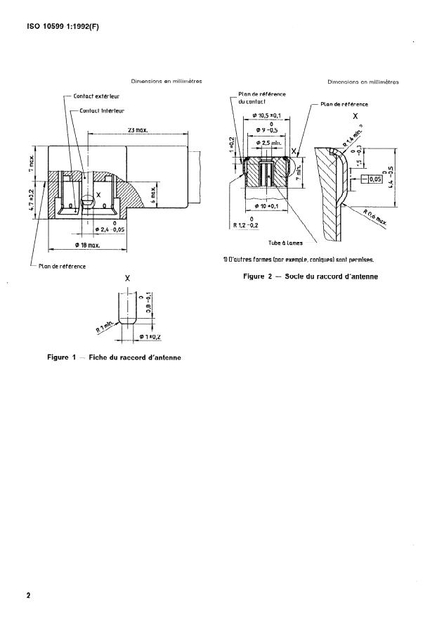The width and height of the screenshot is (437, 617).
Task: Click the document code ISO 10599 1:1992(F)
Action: click(55, 29)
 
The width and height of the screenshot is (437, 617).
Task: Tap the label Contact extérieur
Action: click(100, 96)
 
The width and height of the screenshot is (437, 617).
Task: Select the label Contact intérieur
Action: click(102, 110)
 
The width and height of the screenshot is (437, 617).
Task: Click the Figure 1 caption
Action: click(114, 357)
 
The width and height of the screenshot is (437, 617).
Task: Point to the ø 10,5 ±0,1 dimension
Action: click(261, 115)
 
